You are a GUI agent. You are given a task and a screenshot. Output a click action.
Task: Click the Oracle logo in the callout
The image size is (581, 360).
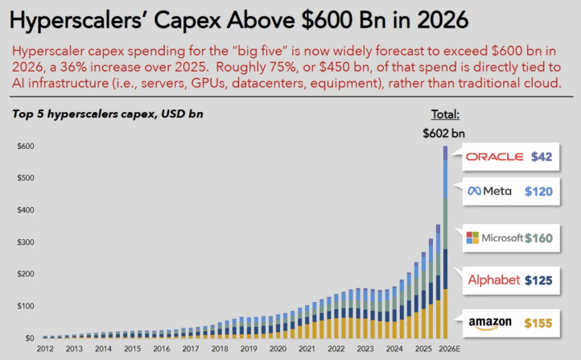point(495,157)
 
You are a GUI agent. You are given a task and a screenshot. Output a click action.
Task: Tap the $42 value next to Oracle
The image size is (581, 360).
point(542,157)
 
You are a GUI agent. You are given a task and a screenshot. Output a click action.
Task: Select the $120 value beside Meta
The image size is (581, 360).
point(538,192)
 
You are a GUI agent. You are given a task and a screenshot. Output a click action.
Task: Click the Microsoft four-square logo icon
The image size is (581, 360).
point(472,238)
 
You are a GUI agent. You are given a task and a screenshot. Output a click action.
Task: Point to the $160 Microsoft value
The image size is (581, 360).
point(539,238)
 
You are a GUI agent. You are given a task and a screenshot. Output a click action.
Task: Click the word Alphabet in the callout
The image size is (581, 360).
point(494,279)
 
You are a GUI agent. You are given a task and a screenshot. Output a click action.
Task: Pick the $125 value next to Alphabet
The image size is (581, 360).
point(538,280)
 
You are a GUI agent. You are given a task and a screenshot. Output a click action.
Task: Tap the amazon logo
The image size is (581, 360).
point(490,323)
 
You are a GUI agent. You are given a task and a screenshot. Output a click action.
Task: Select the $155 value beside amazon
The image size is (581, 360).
point(538,323)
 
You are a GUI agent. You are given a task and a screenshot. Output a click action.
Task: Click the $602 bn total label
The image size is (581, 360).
point(443,133)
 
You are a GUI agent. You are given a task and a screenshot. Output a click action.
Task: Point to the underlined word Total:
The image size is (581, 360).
point(445,114)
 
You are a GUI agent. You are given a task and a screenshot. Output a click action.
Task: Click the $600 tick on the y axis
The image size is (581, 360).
point(26,146)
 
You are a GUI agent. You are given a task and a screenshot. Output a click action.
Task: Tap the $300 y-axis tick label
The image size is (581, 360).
point(26,242)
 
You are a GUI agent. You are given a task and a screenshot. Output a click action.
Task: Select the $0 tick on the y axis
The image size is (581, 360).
point(30,338)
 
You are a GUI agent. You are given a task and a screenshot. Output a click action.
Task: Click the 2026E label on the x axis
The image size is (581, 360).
point(449,349)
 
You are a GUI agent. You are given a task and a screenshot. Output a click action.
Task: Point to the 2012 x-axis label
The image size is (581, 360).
point(45,349)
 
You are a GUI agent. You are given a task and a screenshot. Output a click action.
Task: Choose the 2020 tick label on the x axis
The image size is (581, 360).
point(278,349)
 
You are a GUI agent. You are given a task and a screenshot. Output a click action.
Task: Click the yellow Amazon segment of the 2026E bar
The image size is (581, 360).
point(445,313)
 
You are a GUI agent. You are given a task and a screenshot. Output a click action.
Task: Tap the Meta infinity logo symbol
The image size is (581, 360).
point(474,191)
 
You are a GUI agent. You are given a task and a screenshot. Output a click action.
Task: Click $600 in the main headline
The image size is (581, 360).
point(327,20)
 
